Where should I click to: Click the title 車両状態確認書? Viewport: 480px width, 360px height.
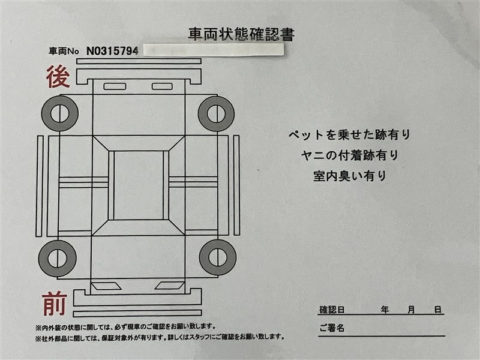pos(241,34)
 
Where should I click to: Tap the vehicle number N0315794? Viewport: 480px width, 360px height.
pos(112,51)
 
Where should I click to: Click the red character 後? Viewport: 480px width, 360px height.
pos(58,77)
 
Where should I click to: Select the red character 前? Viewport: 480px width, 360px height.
pos(55,304)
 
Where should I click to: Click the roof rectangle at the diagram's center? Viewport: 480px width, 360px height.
pos(139,185)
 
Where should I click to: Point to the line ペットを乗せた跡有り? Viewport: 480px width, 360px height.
pos(349,134)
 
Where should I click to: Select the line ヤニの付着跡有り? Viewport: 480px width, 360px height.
pos(349,155)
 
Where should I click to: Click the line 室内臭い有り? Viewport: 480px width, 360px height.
pos(349,176)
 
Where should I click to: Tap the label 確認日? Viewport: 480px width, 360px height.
pos(332,310)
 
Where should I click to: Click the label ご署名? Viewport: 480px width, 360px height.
pos(332,328)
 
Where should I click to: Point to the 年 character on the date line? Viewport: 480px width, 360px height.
pos(385,310)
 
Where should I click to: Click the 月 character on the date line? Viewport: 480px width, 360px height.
pos(411,310)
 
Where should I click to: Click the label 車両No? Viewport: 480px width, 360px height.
pos(64,52)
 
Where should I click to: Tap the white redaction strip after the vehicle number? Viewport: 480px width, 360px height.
pos(214,50)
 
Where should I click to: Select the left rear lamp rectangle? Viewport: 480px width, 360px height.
pos(115,86)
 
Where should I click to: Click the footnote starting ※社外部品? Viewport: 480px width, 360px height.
pos(160,337)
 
